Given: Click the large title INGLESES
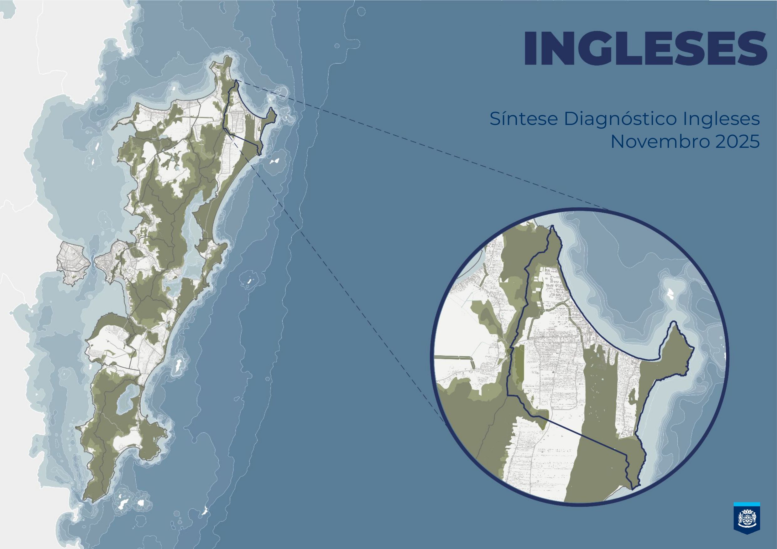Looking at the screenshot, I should pyautogui.click(x=645, y=48).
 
